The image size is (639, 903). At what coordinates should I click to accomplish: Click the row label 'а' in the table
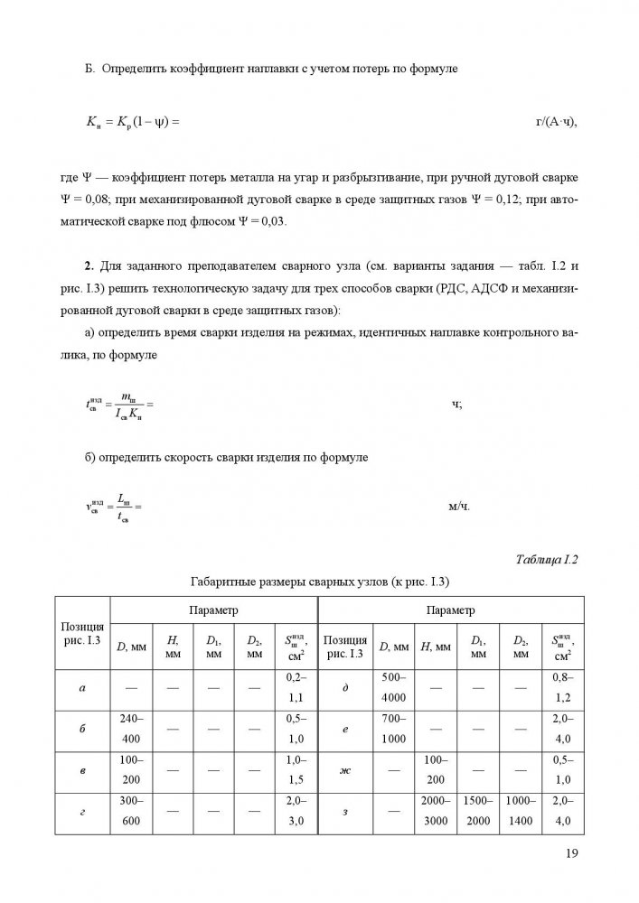tap(82, 688)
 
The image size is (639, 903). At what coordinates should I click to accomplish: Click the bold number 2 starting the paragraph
tap(88, 264)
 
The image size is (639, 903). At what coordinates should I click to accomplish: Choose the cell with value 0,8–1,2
tap(562, 688)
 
